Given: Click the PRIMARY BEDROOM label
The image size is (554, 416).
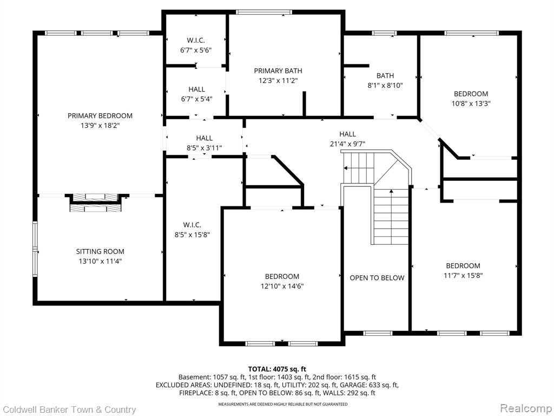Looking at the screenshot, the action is (100, 116).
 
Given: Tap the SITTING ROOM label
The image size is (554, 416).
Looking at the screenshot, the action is (100, 251).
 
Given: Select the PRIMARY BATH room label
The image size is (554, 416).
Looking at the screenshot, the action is (278, 71).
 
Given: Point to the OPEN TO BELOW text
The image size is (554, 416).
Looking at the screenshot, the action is (377, 278).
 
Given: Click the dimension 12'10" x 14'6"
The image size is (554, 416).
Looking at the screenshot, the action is (282, 286).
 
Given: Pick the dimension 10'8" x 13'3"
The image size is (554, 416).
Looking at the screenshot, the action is (471, 103).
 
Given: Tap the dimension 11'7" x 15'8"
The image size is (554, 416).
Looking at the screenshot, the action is (463, 275).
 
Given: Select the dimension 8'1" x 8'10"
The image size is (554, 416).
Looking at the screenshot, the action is (385, 85).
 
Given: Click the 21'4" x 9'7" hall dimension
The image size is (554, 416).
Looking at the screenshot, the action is (347, 144).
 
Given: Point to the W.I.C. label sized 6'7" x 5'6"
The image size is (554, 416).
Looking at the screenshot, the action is (196, 40).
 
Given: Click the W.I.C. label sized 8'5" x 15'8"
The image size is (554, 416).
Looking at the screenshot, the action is (192, 225).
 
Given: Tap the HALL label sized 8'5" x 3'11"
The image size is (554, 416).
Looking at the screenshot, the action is (204, 138).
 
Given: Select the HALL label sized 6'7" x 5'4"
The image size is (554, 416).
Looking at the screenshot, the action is (197, 89).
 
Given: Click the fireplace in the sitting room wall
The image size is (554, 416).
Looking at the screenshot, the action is (96, 203).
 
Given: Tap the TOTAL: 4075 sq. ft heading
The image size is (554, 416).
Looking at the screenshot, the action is (277, 369).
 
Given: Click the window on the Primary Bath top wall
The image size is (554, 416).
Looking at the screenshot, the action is (264, 12).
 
